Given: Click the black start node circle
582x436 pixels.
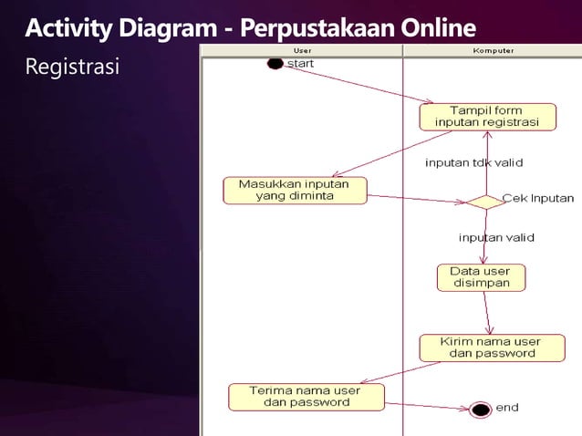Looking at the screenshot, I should [275, 64].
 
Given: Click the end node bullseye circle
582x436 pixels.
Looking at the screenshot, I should [481, 410].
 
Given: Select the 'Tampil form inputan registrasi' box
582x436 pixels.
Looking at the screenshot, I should [487, 117].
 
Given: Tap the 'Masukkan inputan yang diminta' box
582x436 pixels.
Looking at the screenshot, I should [295, 190].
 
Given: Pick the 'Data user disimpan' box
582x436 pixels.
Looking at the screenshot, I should [486, 277].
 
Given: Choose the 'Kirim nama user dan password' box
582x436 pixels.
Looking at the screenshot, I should [490, 348].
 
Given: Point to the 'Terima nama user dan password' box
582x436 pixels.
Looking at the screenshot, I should [306, 396].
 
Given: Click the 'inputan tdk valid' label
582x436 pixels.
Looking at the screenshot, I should [473, 163].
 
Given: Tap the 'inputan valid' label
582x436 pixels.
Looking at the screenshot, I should [496, 238].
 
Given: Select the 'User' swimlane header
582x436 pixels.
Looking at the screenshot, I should [302, 50].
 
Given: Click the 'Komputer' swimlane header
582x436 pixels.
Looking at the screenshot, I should [493, 50].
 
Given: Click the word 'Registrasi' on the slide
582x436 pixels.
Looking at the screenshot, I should [71, 67].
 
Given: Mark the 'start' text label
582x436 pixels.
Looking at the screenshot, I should [301, 64].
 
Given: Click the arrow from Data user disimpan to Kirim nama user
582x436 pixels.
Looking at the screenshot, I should [489, 313].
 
